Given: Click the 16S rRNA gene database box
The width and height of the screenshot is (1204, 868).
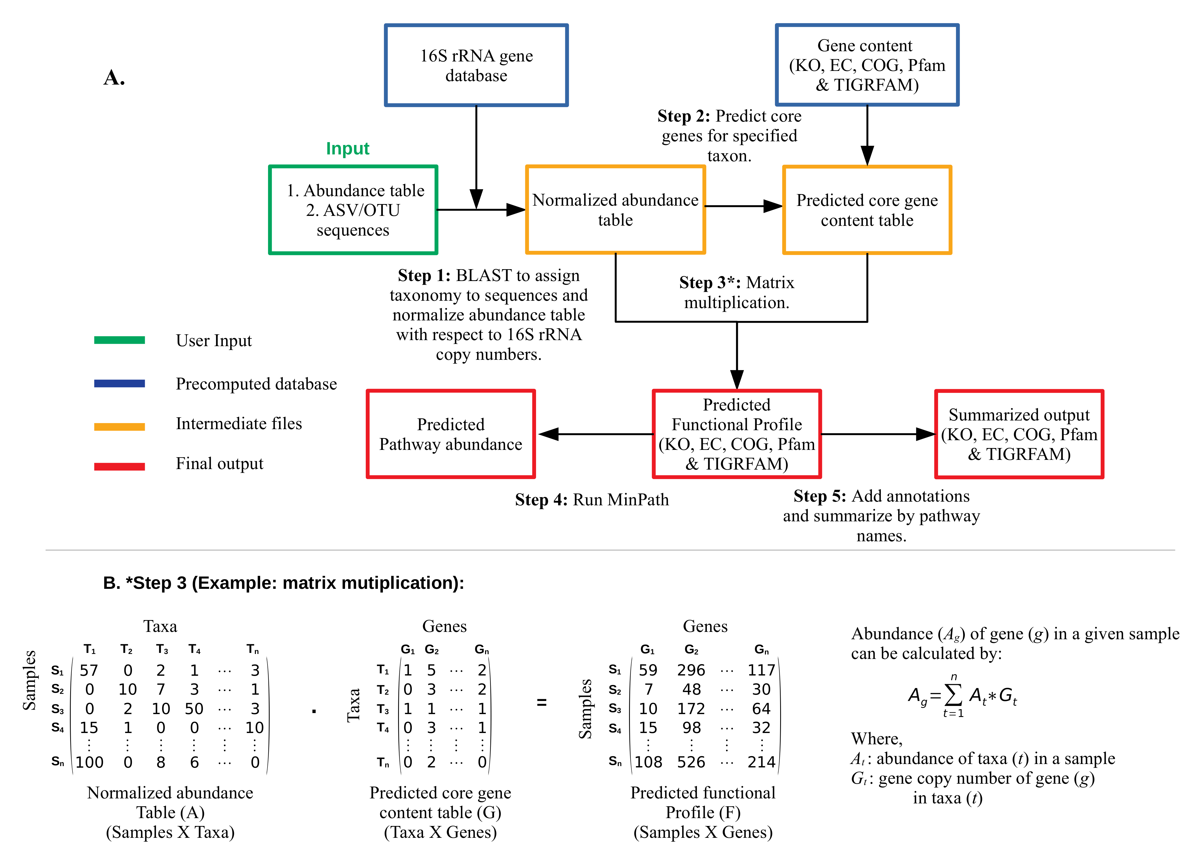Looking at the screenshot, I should (x=476, y=65).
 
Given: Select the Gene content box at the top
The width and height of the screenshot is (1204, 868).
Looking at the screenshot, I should (x=867, y=65).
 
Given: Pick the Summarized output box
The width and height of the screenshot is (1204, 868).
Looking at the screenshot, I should (x=1019, y=434).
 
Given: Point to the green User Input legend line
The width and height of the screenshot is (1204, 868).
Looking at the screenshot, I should (x=120, y=340).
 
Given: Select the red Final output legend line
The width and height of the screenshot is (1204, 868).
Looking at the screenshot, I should (x=120, y=466).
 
